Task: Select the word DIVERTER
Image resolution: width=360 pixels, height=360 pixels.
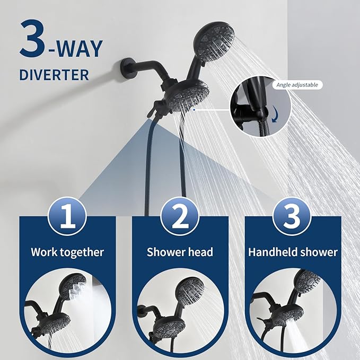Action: click(54, 75)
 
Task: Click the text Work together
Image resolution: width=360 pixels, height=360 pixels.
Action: click(67, 252)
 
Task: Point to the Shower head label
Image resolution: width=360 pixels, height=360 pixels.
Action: click(180, 252)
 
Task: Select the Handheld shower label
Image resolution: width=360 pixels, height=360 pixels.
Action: click(293, 252)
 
